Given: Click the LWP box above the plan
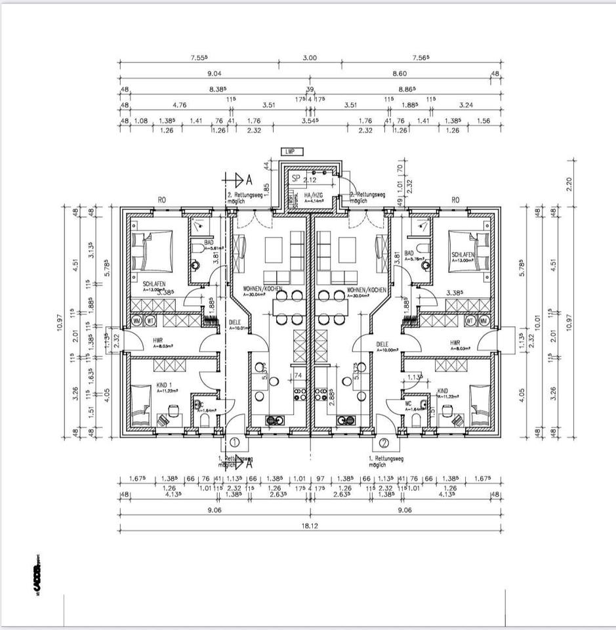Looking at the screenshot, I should click(291, 152).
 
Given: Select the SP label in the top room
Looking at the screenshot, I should click(296, 178).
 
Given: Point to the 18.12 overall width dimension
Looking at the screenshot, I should click(310, 526).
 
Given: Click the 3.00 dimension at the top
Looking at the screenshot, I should click(310, 58).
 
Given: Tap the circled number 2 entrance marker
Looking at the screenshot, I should click(384, 442).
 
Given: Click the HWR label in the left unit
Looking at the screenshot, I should click(157, 341).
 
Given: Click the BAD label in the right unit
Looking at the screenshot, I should click(409, 253).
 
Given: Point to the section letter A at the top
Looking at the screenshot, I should click(249, 178).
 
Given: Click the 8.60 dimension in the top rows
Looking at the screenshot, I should click(417, 74).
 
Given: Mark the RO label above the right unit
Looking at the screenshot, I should click(455, 199).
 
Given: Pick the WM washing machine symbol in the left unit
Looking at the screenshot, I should click(137, 321).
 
